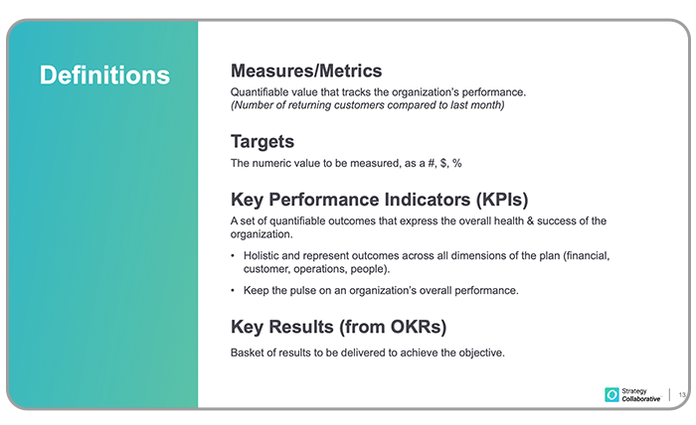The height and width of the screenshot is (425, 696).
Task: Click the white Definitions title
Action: coord(104,74)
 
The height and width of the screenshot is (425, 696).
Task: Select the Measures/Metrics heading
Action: coord(306,71)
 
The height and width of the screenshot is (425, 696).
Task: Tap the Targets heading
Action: coord(262,142)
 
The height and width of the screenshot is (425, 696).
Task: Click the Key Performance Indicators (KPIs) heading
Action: coord(380,200)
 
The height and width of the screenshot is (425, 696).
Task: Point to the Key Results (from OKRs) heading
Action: coord(339,327)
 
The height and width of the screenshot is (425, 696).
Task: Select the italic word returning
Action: coord(310,105)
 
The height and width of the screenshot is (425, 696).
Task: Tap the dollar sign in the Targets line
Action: coord(443,164)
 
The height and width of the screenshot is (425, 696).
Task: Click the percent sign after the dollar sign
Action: coord(456,164)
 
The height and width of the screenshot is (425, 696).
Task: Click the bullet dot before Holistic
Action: coord(233,256)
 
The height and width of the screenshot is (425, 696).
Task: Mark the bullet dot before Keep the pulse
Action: coord(233,291)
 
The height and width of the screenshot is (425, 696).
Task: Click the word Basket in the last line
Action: coord(246,353)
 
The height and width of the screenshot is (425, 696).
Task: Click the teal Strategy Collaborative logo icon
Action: coord(611,394)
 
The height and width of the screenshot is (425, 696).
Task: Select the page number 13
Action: coord(682,394)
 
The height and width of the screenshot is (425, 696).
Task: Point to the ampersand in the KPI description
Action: coord(530,221)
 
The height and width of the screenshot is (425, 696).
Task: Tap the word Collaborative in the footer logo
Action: coord(641,399)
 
